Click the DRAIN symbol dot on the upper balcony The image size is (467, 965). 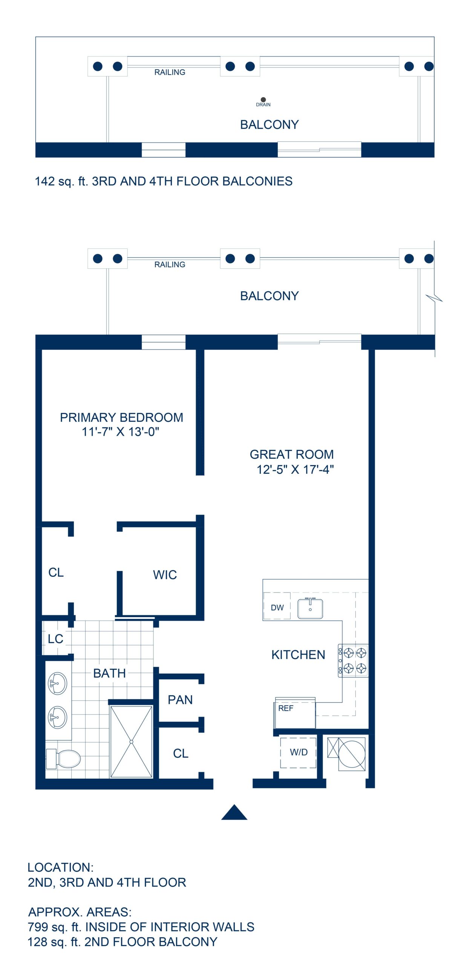coord(263,100)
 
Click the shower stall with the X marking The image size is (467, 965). coord(131,741)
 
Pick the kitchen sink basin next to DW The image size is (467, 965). coord(310,608)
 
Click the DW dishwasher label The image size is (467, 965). coord(277,608)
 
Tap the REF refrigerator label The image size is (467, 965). coord(285,708)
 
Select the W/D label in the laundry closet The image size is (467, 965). coord(299,752)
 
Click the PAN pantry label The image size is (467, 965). coord(180,700)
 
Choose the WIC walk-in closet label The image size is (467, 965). coord(165,575)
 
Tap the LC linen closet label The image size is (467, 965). coord(55,639)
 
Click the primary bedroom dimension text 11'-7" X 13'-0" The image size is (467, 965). coord(121,432)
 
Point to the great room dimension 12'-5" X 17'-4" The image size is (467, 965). coord(295,470)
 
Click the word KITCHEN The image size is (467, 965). coord(298,655)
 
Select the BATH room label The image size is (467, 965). coord(109,673)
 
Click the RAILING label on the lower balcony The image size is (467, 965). coord(170,265)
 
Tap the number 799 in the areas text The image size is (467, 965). coord(38,927)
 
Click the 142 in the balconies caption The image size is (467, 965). coord(44,181)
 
